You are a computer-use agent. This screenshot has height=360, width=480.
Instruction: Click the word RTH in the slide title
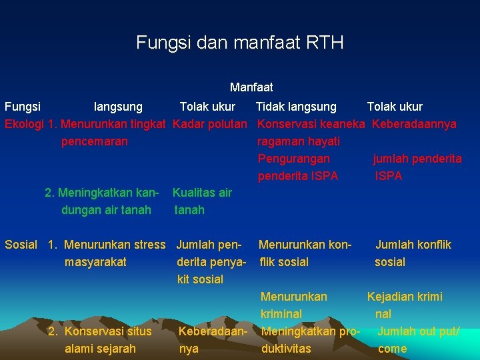[x=325, y=43]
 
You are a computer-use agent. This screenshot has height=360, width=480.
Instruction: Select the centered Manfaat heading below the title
[x=251, y=87]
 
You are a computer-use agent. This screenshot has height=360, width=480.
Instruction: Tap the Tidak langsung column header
[x=297, y=107]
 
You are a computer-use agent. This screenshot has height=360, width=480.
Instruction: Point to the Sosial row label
[x=21, y=245]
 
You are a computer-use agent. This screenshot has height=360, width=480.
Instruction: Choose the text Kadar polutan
[x=211, y=124]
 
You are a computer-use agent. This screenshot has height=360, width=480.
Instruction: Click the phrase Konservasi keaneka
[x=311, y=124]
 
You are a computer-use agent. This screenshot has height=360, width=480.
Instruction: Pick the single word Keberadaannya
[x=414, y=124]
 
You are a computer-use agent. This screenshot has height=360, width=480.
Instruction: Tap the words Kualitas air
[x=202, y=193]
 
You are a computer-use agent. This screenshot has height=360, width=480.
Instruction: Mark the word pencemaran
[x=95, y=141]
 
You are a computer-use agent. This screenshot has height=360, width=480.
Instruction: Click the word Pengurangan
[x=294, y=159]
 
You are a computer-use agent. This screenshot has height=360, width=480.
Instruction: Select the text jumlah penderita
[x=417, y=159]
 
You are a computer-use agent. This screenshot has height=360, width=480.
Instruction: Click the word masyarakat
[x=95, y=262]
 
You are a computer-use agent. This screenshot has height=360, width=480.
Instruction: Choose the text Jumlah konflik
[x=413, y=245]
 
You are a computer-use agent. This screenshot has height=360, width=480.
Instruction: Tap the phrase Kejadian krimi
[x=405, y=297]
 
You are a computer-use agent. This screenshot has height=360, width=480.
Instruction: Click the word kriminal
[x=281, y=314]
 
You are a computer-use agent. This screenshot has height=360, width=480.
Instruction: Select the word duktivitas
[x=286, y=349]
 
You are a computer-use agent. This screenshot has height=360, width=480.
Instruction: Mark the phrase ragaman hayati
[x=299, y=141]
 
